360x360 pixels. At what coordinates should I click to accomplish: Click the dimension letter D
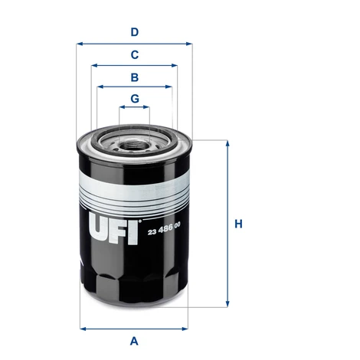pos(135,32)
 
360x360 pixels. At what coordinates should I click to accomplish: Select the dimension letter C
pos(135,54)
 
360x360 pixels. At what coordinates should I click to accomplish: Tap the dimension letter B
pos(135,77)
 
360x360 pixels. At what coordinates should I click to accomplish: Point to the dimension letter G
pos(135,98)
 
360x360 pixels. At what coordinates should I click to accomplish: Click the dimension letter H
pos(238,224)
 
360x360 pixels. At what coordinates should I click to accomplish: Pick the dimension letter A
pos(134,341)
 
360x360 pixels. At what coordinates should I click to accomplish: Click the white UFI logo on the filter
pos(114,229)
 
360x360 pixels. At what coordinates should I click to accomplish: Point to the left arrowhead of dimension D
pos(80,44)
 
